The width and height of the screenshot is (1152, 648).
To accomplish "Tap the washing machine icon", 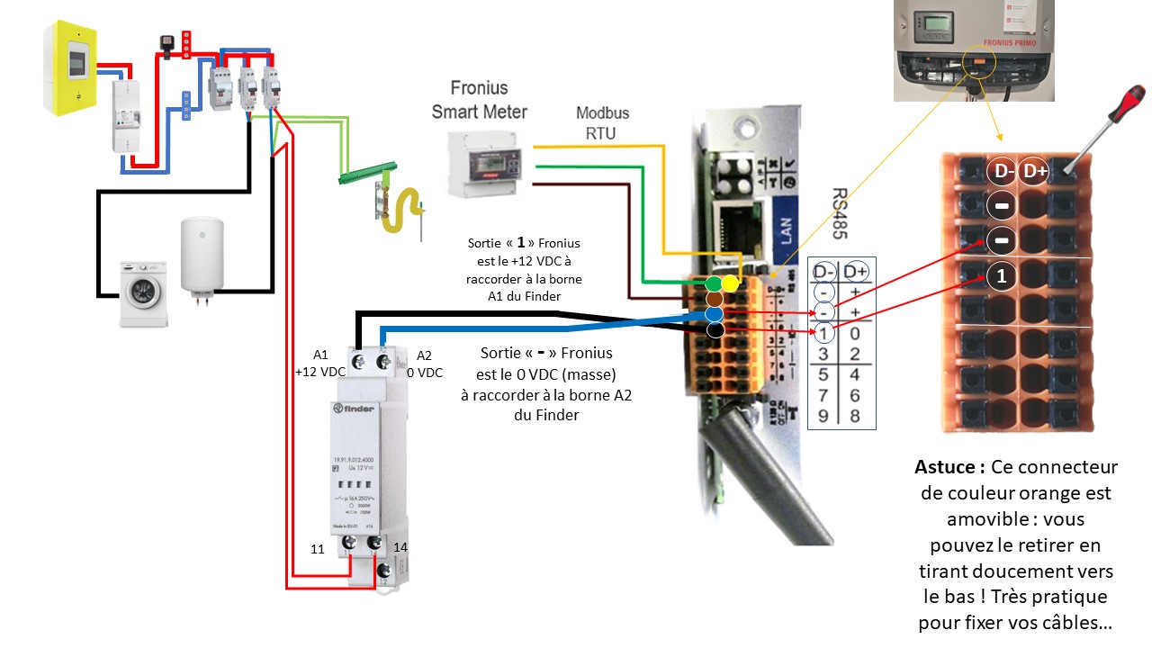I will (x=143, y=292).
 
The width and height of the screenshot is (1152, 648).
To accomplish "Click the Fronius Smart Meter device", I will (x=487, y=164).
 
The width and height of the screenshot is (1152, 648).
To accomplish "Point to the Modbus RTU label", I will (x=602, y=122).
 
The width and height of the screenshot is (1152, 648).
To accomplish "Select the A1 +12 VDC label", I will (x=320, y=363).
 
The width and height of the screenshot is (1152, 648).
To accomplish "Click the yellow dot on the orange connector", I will (x=729, y=284).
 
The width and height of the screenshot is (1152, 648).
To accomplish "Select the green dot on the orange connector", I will (x=714, y=284).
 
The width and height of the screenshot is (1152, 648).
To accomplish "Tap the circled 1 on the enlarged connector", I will (x=1002, y=276).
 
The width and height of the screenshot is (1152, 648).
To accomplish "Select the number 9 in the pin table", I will (x=823, y=415).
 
